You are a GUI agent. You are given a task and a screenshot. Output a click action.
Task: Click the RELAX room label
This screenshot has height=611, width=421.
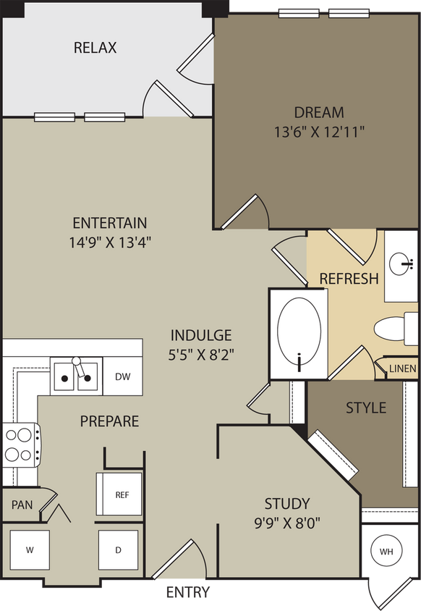click(x=95, y=49)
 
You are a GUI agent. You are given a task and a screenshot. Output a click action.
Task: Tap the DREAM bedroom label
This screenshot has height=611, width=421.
click(x=319, y=113)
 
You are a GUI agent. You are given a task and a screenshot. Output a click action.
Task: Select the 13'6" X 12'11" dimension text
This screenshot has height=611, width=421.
click(x=319, y=132)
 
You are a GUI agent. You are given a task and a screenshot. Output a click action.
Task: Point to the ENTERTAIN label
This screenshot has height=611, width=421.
click(x=110, y=223)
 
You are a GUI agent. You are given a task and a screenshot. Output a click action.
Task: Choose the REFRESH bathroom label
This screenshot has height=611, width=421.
click(x=349, y=279)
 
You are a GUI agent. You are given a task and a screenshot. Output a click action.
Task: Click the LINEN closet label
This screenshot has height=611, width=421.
click(x=402, y=368)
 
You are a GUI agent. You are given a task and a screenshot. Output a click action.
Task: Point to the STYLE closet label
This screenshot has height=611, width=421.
click(x=365, y=408)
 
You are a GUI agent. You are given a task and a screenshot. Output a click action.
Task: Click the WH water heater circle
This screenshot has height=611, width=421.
click(x=386, y=552)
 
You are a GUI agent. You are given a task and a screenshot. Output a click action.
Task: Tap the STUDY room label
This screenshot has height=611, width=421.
click(x=287, y=504)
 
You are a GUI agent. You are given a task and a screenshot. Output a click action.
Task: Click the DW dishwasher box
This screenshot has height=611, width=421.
click(x=122, y=376)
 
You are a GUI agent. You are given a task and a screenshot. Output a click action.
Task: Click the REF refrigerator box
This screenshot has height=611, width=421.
click(x=122, y=495)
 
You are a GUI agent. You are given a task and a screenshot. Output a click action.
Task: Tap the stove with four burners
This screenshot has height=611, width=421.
click(x=20, y=444)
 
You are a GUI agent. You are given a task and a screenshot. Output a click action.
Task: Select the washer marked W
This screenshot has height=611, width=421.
click(x=30, y=549)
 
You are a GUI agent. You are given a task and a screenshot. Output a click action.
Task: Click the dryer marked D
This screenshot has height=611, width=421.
click(x=118, y=549)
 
